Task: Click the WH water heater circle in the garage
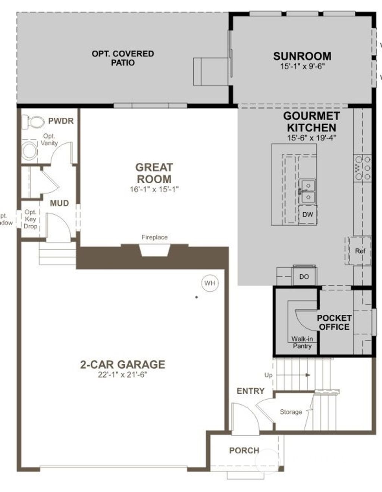210,283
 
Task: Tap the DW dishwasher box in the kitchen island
307,215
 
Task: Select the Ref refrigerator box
360,251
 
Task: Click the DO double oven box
304,277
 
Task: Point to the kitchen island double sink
307,191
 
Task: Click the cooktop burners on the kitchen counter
363,168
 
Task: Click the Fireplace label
154,237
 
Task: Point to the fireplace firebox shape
154,250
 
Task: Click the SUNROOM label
302,56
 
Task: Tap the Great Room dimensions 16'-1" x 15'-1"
154,189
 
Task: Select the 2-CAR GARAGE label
123,364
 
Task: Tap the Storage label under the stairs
291,412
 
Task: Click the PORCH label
244,451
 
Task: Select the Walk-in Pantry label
302,343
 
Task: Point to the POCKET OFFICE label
334,323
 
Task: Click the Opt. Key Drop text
30,219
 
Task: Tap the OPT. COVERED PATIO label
123,58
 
